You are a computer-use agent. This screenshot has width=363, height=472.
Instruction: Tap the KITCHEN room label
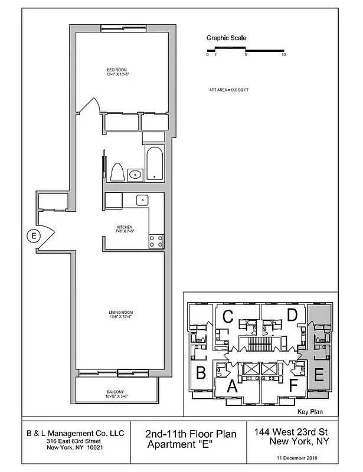coord(124,227)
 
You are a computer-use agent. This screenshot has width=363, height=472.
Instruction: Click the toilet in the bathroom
coord(116,172)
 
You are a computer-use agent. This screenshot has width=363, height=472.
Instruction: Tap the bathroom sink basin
coord(135,174)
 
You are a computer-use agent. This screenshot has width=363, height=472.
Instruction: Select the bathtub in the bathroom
coord(155,163)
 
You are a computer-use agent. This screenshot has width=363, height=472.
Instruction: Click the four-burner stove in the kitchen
coord(156,241)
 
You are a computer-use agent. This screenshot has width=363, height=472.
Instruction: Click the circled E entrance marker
coord(34,236)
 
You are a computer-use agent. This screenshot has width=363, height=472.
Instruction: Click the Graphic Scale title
coord(226,38)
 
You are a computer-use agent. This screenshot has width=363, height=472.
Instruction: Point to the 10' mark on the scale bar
coord(284,55)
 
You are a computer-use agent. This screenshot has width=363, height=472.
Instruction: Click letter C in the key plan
coord(227,316)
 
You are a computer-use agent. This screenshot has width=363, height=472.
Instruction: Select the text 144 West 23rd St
coord(292,432)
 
